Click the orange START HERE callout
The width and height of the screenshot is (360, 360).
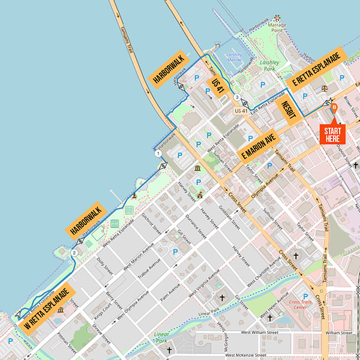[x=332, y=134]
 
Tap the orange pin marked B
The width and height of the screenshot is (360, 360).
[x=334, y=108]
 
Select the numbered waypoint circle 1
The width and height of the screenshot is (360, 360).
[x=158, y=154]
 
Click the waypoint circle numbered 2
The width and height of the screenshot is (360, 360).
[x=74, y=253]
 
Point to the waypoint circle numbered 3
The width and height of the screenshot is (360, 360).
[x=237, y=97]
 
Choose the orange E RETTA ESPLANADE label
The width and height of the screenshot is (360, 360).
[x=316, y=70]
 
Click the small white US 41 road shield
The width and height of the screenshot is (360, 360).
[x=241, y=110]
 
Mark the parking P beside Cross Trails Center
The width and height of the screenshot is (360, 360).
[x=317, y=296]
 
